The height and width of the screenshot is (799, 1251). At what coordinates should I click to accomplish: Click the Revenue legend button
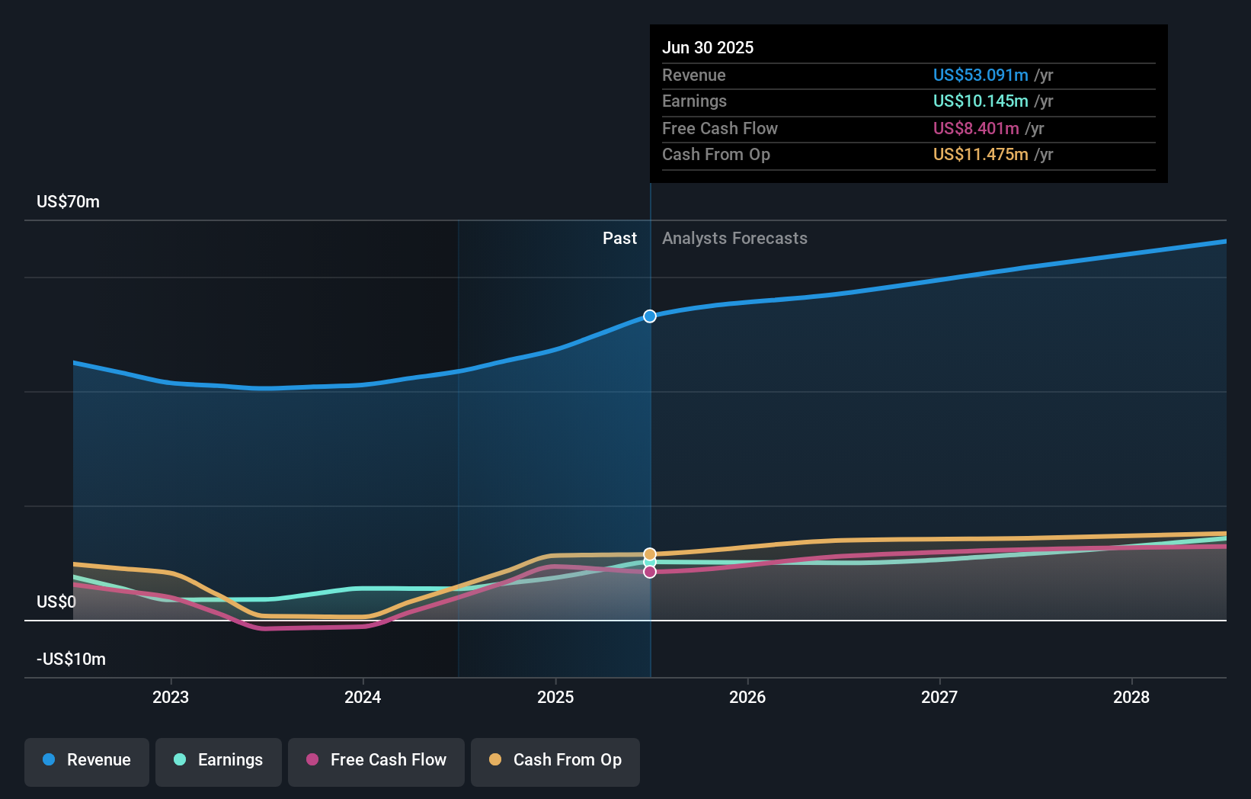tap(87, 761)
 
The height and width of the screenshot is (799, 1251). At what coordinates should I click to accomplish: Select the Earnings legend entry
tap(219, 761)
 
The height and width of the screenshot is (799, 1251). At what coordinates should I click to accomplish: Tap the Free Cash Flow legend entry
tap(376, 761)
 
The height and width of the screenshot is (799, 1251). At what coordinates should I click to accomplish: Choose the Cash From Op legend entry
tap(555, 761)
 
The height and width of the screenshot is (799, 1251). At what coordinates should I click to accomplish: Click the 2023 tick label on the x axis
tap(171, 697)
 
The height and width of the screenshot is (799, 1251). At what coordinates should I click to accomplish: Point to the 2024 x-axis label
tap(363, 697)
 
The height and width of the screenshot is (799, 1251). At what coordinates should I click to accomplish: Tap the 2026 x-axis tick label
tap(747, 697)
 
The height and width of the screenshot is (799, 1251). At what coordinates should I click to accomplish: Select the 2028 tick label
tap(1131, 697)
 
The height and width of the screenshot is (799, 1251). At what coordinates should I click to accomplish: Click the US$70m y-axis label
tap(68, 201)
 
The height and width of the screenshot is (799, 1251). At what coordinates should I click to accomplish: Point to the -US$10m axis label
tap(72, 659)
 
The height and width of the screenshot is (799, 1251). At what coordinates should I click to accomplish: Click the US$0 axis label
tap(56, 602)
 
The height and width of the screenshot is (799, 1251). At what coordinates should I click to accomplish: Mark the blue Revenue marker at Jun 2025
tap(650, 316)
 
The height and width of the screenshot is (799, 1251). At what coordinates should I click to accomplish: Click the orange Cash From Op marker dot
tap(650, 554)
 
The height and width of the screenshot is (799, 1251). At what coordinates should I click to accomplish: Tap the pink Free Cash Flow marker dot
tap(650, 572)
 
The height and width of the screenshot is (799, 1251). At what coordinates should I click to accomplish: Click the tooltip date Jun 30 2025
tap(708, 47)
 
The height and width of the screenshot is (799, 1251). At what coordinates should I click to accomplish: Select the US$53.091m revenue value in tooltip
tap(981, 75)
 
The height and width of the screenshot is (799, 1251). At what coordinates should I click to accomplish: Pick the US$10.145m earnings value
tap(981, 101)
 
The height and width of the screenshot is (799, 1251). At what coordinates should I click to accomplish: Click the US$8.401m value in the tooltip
tap(976, 128)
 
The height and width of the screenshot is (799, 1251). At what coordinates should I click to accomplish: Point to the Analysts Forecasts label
tap(734, 238)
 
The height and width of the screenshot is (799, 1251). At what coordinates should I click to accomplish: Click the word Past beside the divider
tap(619, 238)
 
